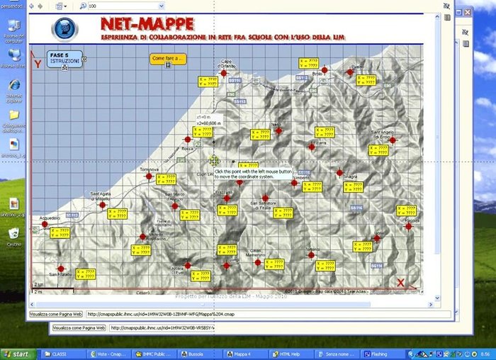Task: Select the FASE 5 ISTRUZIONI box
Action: click(x=63, y=58)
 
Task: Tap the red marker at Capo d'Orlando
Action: click(x=223, y=72)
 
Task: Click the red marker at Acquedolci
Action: click(x=45, y=225)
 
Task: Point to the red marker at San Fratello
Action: click(x=60, y=269)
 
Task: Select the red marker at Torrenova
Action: click(x=149, y=176)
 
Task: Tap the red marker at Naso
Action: click(x=278, y=130)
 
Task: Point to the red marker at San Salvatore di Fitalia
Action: click(x=265, y=198)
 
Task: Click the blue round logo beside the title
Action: click(x=64, y=29)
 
